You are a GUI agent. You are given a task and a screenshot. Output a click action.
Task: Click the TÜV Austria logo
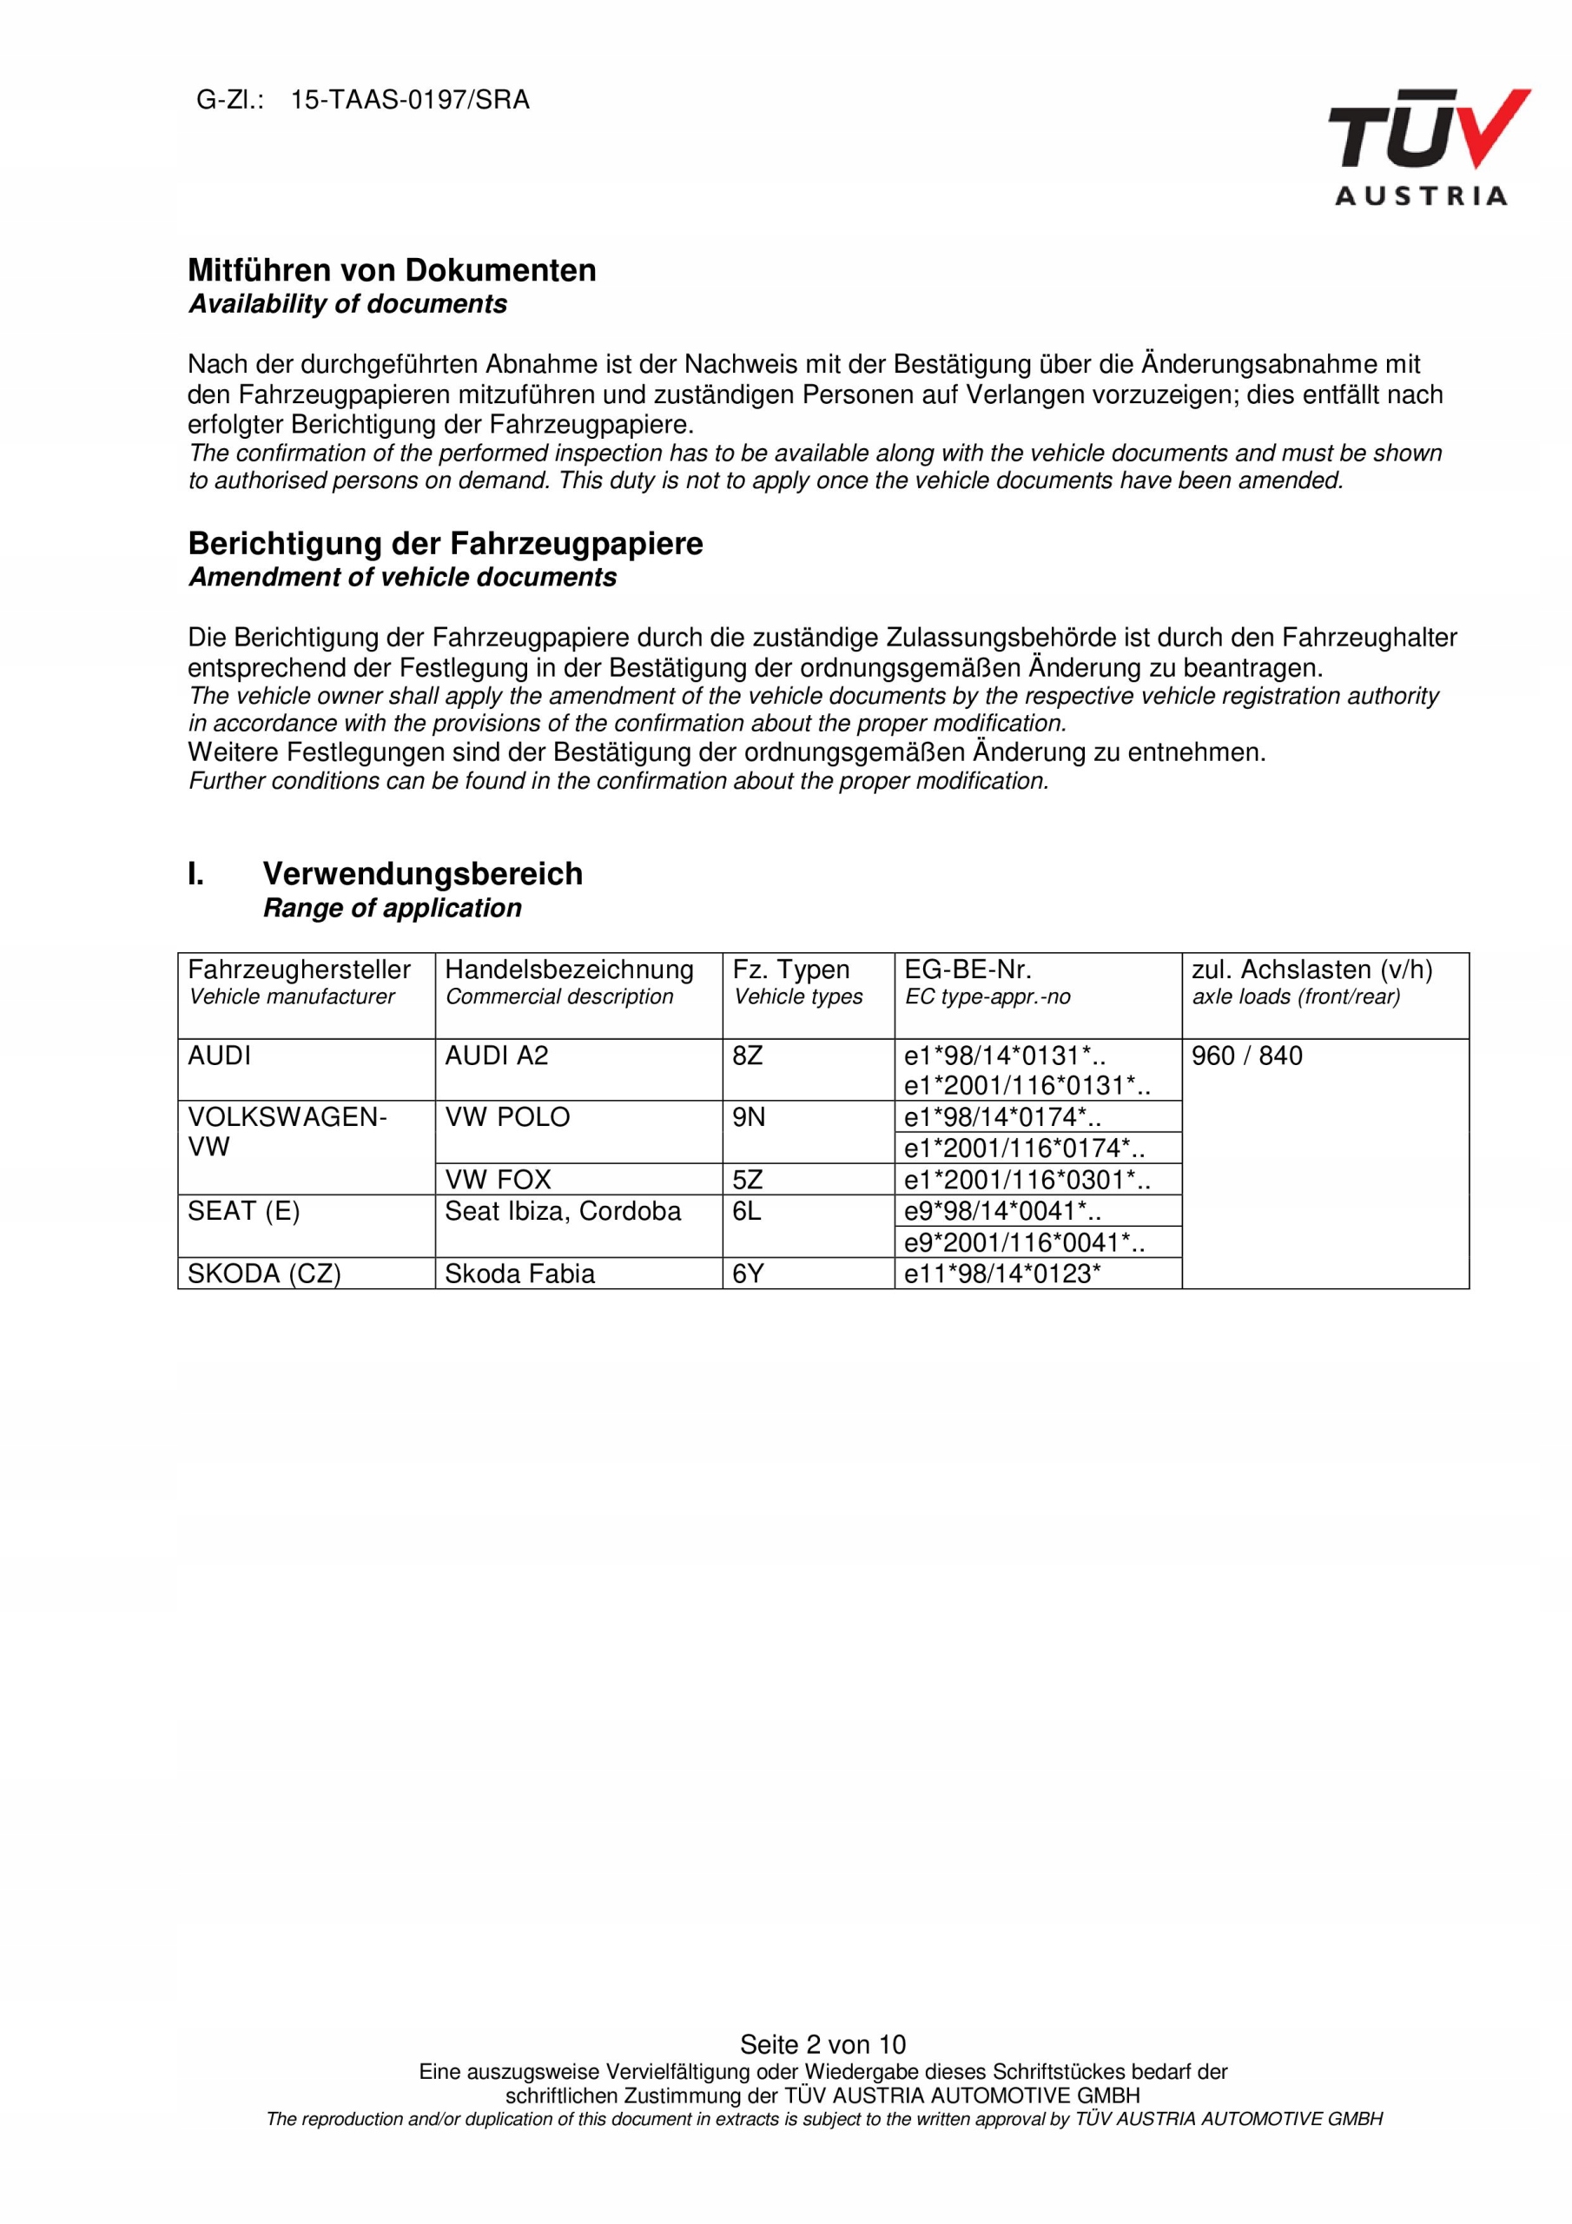tap(1427, 147)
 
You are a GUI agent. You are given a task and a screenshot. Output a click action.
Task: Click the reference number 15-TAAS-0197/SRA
tap(410, 100)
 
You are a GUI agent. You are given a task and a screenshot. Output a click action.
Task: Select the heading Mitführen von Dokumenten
tap(392, 270)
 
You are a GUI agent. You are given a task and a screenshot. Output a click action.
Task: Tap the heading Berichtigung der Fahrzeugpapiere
tap(445, 544)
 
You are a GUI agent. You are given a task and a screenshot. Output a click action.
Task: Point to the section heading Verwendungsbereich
tap(422, 874)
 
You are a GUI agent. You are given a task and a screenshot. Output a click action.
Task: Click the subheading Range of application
tap(393, 909)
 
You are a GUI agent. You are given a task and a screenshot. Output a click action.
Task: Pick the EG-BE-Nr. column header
tap(967, 970)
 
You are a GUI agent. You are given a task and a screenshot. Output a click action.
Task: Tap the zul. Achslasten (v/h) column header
tap(1311, 970)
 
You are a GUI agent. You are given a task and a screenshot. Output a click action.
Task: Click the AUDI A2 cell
tap(496, 1056)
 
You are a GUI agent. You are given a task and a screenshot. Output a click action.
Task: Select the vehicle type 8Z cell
tap(748, 1056)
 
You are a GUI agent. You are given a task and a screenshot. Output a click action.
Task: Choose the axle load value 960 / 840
tap(1246, 1056)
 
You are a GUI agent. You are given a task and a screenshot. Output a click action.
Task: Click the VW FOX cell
tap(497, 1180)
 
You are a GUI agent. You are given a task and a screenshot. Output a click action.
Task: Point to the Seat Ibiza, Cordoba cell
tap(562, 1212)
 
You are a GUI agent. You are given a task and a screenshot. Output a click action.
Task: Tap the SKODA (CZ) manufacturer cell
tap(263, 1274)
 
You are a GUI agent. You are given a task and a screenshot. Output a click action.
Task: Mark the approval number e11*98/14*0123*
tap(1001, 1274)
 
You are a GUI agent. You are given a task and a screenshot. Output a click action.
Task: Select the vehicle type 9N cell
tap(748, 1118)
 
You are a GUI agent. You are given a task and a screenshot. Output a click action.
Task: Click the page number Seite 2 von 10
tap(822, 2045)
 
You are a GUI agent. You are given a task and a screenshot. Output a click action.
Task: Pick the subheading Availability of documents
tap(347, 304)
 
